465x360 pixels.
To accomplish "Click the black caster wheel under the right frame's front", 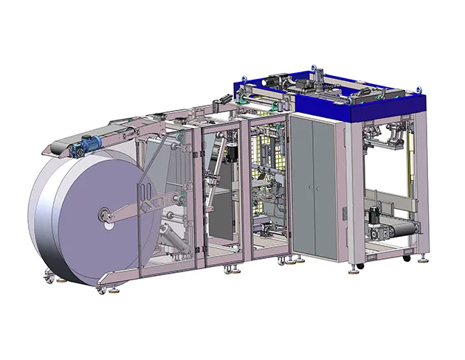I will pyautogui.click(x=359, y=265).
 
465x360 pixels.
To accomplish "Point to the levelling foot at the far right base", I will pyautogui.click(x=424, y=260).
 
